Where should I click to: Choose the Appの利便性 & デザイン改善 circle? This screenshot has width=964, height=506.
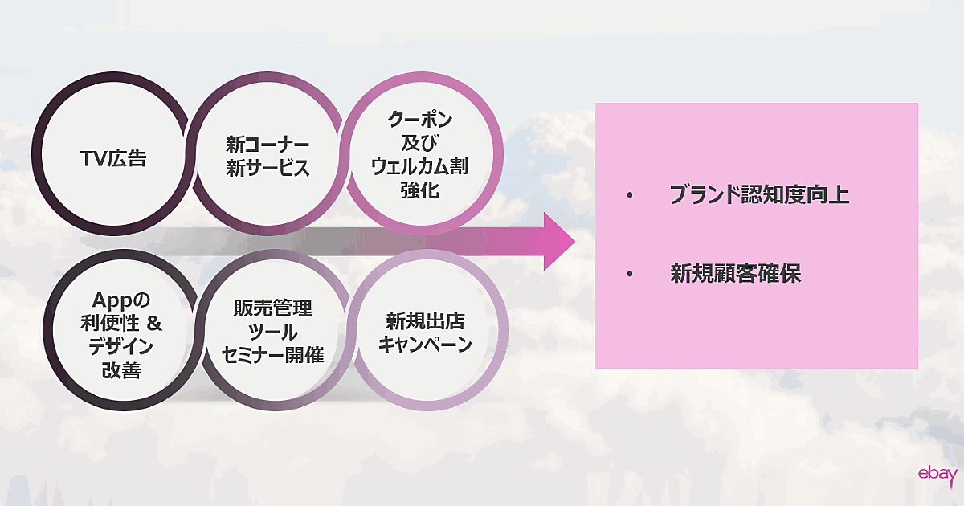click(x=120, y=336)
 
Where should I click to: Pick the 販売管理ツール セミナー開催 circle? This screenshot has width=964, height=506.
click(x=272, y=333)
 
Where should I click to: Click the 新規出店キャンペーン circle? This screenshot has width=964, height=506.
click(x=425, y=333)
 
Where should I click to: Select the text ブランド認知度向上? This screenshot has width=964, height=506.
click(x=759, y=196)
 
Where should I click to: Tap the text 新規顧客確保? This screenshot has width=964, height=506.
click(x=736, y=274)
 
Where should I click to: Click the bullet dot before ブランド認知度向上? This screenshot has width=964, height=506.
click(x=631, y=197)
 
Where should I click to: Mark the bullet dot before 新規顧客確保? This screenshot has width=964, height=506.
click(x=631, y=275)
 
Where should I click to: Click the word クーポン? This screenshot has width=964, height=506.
click(x=420, y=120)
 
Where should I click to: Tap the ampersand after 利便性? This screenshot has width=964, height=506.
click(x=157, y=324)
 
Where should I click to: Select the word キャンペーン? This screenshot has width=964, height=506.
click(x=425, y=345)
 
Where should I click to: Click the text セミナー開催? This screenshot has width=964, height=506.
click(x=272, y=356)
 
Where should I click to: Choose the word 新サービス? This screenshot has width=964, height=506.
click(x=268, y=170)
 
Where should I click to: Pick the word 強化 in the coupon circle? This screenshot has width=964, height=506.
click(x=420, y=191)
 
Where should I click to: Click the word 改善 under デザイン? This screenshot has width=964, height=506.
click(x=120, y=370)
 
